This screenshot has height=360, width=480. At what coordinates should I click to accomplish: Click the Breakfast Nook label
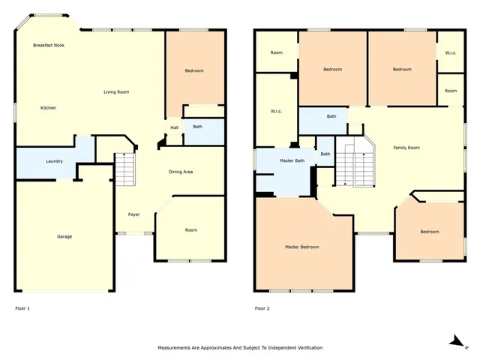pyautogui.click(x=49, y=46)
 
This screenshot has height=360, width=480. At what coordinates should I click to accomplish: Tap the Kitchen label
pyautogui.click(x=48, y=108)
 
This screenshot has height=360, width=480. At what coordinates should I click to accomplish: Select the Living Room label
pyautogui.click(x=116, y=92)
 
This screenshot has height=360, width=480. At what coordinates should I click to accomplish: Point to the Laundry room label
pyautogui.click(x=54, y=161)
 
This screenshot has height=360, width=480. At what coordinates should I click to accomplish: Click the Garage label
pyautogui.click(x=64, y=237)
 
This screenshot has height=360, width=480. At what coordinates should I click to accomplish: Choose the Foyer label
pyautogui.click(x=133, y=214)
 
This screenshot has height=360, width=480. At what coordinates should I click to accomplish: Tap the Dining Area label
pyautogui.click(x=181, y=172)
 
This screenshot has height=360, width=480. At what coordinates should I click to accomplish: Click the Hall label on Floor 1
pyautogui.click(x=174, y=127)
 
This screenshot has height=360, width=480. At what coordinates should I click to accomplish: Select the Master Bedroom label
pyautogui.click(x=301, y=247)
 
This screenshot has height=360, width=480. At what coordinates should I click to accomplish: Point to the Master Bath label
pyautogui.click(x=292, y=160)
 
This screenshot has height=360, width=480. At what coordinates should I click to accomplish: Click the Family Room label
pyautogui.click(x=406, y=148)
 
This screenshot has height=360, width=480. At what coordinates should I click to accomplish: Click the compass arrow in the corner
pyautogui.click(x=454, y=340)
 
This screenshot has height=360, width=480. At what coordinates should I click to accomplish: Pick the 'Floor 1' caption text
pyautogui.click(x=23, y=308)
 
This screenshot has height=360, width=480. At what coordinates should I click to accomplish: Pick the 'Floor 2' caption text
pyautogui.click(x=262, y=308)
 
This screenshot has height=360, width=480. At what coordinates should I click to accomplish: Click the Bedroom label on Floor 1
pyautogui.click(x=194, y=70)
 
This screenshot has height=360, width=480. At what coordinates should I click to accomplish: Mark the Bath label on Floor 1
pyautogui.click(x=197, y=127)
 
